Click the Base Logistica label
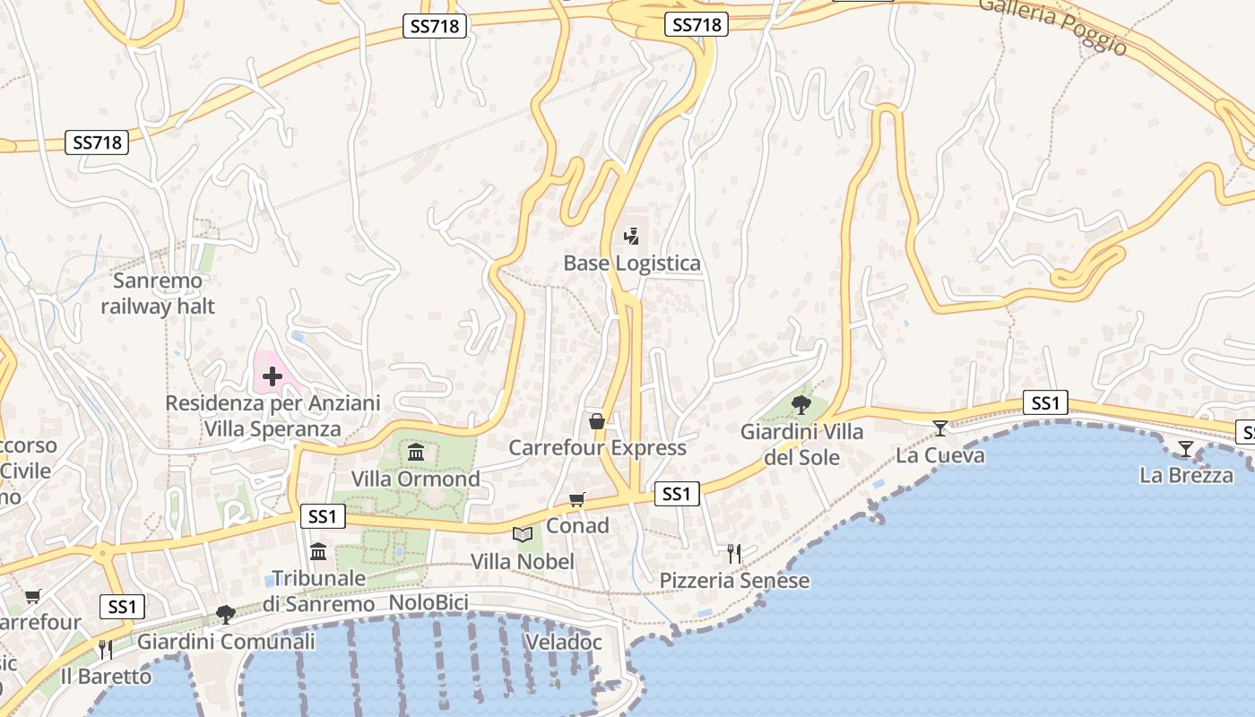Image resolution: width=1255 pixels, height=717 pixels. [x=632, y=263]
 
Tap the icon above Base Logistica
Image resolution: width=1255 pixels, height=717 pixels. [x=632, y=237]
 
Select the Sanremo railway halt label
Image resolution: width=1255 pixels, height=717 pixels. [x=158, y=294]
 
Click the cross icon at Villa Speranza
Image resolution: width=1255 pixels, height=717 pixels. [x=273, y=376]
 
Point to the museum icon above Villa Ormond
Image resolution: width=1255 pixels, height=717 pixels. [x=416, y=452]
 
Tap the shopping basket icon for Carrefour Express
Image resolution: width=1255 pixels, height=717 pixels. [x=596, y=421]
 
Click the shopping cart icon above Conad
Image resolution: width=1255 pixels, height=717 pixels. [x=577, y=499]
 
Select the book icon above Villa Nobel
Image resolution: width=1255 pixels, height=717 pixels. [x=523, y=535]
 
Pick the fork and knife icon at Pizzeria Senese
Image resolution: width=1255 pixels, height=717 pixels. [x=734, y=554]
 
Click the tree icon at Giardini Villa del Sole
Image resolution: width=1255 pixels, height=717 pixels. [x=801, y=405]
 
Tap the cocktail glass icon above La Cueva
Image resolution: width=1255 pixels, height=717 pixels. [x=939, y=428]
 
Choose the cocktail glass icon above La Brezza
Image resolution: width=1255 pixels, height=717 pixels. [x=1186, y=449]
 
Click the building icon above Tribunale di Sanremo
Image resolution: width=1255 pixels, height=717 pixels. [x=318, y=551]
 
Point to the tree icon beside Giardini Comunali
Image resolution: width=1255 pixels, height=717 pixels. [x=225, y=615]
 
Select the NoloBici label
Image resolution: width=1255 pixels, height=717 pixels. [x=428, y=603]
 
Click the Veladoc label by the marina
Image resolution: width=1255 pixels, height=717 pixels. [x=562, y=643]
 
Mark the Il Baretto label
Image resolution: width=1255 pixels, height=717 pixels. [x=106, y=676]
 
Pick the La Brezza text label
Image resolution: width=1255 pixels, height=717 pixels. [x=1186, y=475]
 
